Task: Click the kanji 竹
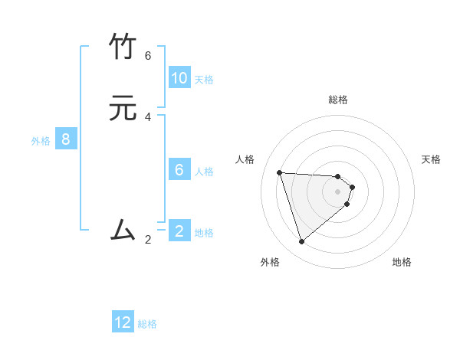tap(123, 48)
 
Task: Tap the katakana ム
tap(123, 229)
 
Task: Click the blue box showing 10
tap(179, 77)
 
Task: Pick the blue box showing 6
tap(179, 169)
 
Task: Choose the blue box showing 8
tap(66, 139)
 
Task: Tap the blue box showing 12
tap(123, 322)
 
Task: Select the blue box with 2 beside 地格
tap(179, 231)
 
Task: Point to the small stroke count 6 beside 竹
tap(148, 56)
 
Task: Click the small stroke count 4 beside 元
tap(148, 117)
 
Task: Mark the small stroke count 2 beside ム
tap(148, 239)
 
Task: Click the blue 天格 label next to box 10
tap(204, 79)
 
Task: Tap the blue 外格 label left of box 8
tap(41, 141)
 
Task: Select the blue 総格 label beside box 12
tap(147, 324)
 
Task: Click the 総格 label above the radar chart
tap(338, 100)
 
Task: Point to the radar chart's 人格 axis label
tap(245, 159)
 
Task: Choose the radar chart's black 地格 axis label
tap(402, 262)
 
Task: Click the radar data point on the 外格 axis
tap(302, 242)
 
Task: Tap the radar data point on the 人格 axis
tap(280, 172)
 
